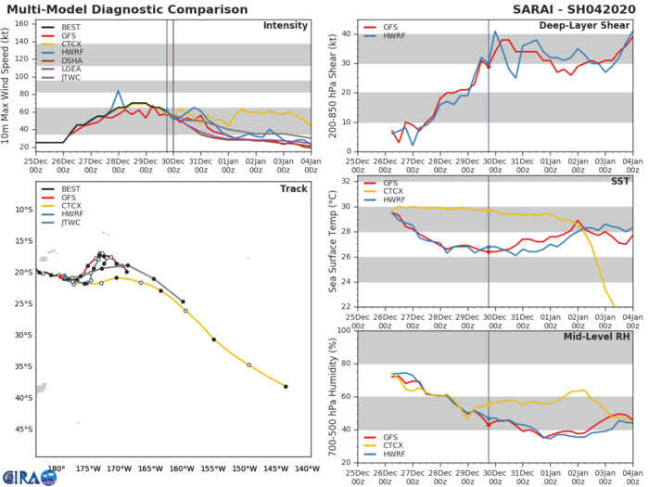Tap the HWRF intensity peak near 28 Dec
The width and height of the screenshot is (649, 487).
pyautogui.click(x=119, y=91)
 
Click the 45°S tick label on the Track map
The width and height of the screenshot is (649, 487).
pyautogui.click(x=23, y=429)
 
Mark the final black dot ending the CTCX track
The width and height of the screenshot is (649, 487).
pyautogui.click(x=286, y=387)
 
